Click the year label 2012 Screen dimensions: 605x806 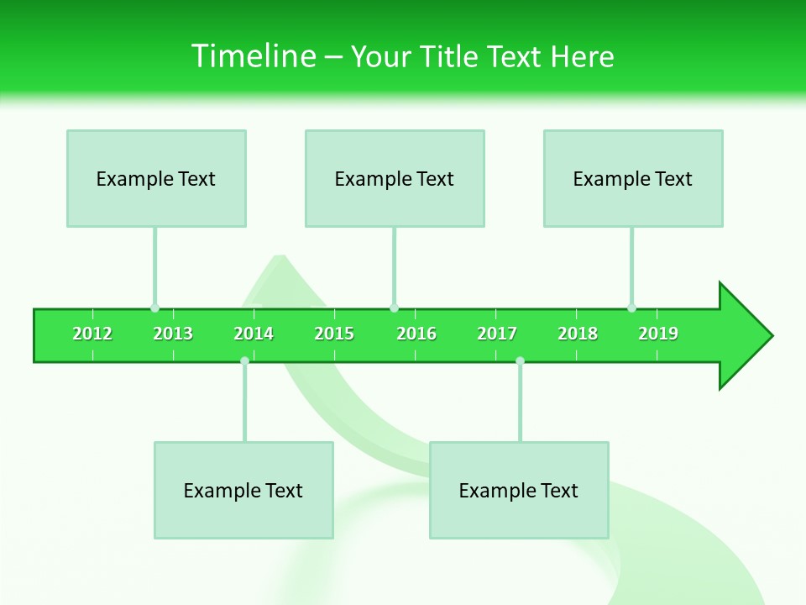(92, 334)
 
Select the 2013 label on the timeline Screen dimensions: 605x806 (173, 334)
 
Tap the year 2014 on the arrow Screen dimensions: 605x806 (254, 334)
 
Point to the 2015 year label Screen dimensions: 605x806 (334, 334)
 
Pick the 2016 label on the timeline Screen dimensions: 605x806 (416, 334)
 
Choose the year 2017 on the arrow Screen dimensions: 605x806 (497, 334)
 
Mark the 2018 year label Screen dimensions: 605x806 (578, 334)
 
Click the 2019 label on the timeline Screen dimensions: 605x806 (658, 334)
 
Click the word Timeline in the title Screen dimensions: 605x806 (253, 56)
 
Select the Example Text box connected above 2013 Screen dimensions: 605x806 (156, 178)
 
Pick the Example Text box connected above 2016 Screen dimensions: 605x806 (395, 178)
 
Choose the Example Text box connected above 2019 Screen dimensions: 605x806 (633, 178)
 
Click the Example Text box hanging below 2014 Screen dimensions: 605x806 (243, 490)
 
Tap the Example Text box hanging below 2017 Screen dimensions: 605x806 (519, 490)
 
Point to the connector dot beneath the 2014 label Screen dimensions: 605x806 (244, 360)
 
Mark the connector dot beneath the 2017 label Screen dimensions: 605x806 (520, 360)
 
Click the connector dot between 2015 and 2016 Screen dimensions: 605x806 (394, 308)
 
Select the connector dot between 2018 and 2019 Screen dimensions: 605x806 (631, 308)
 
